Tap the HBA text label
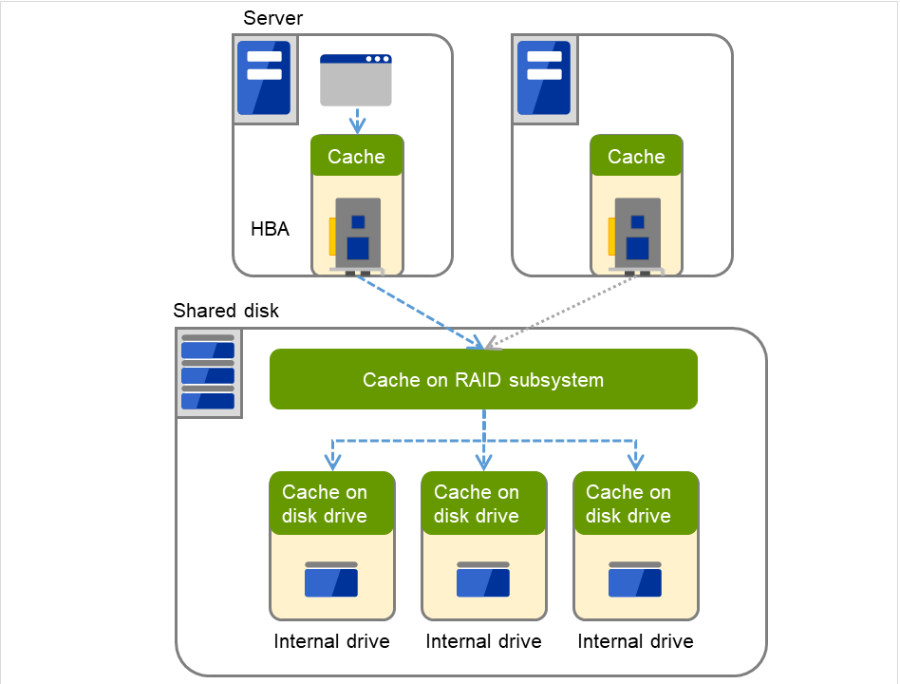click(270, 229)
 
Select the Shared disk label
click(226, 311)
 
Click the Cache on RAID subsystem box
click(483, 380)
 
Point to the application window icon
click(356, 80)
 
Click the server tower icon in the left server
click(263, 78)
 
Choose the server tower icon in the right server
click(543, 78)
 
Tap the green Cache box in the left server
click(357, 157)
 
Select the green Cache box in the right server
click(636, 157)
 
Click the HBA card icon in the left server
click(356, 236)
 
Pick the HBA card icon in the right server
click(635, 236)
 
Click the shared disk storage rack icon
click(208, 372)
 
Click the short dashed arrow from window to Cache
click(357, 121)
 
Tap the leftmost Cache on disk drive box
click(332, 503)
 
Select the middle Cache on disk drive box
click(484, 503)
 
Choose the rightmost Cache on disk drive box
click(636, 503)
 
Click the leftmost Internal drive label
click(331, 641)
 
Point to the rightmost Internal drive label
click(635, 641)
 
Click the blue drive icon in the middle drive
click(483, 579)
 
